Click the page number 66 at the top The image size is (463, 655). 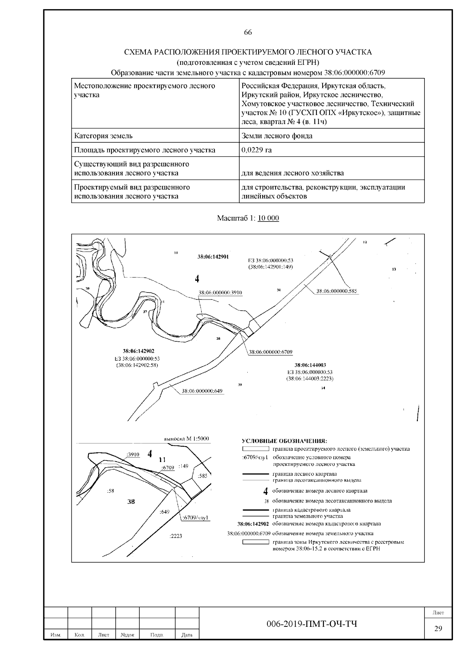pos(248,32)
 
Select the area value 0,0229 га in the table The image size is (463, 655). pos(256,150)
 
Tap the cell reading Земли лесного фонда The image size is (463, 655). pos(277,136)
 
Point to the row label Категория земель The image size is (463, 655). pos(103,136)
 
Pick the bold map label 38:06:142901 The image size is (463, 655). pos(213,256)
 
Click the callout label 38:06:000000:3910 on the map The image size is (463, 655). pos(220,293)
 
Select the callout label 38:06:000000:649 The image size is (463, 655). pos(201,391)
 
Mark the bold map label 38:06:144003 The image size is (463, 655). pos(310,365)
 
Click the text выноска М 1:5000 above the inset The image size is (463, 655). pos(186,439)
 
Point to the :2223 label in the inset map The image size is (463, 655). pos(176,536)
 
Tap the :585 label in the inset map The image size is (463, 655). pos(202,476)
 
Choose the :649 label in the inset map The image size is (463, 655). pos(164,512)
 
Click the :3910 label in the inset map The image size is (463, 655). pos(133,454)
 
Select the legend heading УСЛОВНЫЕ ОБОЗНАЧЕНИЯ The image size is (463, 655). pos(284,441)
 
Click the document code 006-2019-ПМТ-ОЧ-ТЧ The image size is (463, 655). pos(312,624)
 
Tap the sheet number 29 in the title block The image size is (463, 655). pos(438,629)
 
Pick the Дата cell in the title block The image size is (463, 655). pos(187,635)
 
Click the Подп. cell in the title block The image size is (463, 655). pos(157,635)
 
